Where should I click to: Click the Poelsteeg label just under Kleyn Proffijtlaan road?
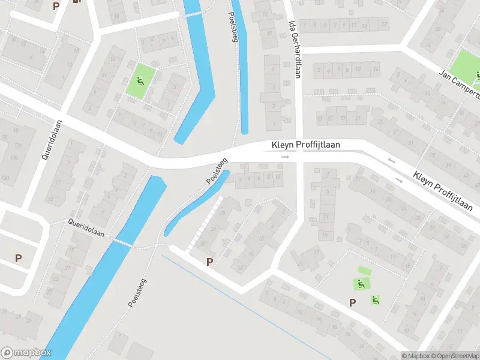(x=217, y=171)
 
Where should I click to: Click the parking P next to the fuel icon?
(x=56, y=6)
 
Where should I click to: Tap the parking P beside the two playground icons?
(x=353, y=303)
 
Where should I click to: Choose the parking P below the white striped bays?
(x=210, y=261)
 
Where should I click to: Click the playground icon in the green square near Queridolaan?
(x=140, y=82)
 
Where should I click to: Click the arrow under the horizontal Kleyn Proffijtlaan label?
(x=285, y=157)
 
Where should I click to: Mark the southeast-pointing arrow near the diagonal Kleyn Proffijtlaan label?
(x=398, y=179)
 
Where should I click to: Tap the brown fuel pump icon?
(x=76, y=2)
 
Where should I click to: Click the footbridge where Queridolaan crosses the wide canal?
(x=123, y=243)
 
